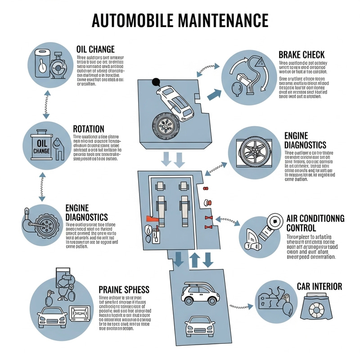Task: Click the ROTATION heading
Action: (x=88, y=129)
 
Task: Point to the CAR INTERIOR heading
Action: (x=319, y=286)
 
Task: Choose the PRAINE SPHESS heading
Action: (x=123, y=288)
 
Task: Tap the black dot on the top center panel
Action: (x=156, y=82)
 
